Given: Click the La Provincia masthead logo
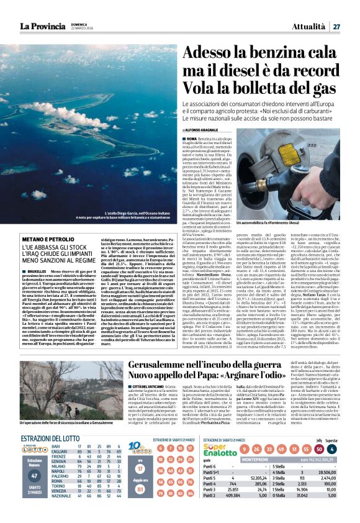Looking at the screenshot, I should click(43, 26).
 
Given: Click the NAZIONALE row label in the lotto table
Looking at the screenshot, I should click(62, 514).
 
